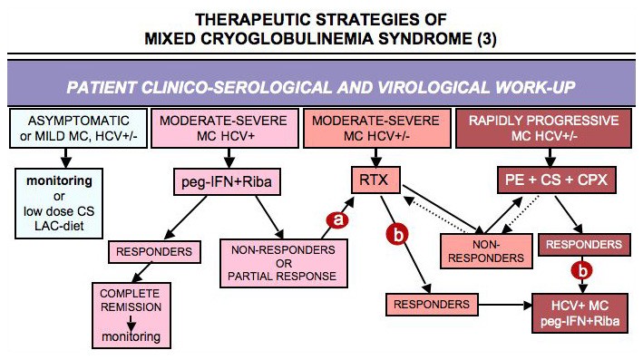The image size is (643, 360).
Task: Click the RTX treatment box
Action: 375,180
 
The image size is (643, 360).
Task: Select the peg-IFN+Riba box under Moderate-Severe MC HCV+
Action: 227,181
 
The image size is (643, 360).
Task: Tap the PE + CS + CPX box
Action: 557,180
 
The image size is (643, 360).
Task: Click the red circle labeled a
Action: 337,220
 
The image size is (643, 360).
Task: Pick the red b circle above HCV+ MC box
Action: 582,270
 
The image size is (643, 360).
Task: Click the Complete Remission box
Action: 132,316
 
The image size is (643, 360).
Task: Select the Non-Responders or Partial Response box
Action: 284,263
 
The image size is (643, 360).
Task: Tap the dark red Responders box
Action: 584,245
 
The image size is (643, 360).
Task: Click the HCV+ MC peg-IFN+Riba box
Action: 580,313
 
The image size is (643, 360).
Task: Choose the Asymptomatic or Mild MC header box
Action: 78,128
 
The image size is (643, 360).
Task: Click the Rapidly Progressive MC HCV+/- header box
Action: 544,128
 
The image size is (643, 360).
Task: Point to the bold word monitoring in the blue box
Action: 59,180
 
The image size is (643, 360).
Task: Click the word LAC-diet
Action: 59,226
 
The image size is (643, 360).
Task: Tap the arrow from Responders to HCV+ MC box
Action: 505,305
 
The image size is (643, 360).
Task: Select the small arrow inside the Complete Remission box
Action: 132,324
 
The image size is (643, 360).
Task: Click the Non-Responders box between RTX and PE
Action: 486,251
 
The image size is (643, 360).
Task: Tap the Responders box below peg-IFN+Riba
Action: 154,252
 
